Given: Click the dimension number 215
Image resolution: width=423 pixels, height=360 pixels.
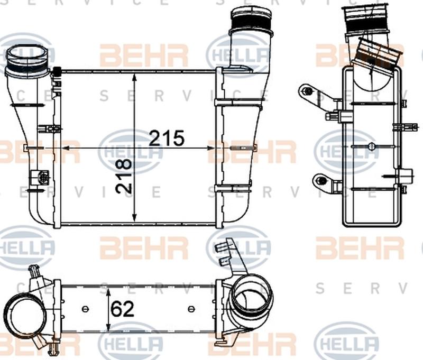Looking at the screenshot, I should point(167,138).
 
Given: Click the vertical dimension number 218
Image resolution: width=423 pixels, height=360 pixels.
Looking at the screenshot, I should point(123,176).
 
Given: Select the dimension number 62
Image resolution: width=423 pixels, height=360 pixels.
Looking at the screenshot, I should point(123,309).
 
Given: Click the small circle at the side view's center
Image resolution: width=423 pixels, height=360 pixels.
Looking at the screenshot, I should point(371,147).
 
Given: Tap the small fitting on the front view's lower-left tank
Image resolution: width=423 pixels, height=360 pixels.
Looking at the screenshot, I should point(41,177).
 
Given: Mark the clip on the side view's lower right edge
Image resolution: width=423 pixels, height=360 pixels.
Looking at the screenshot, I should point(405,177).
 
